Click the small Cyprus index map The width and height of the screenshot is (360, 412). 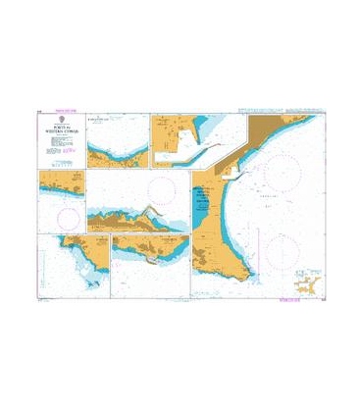(x=300, y=283)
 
